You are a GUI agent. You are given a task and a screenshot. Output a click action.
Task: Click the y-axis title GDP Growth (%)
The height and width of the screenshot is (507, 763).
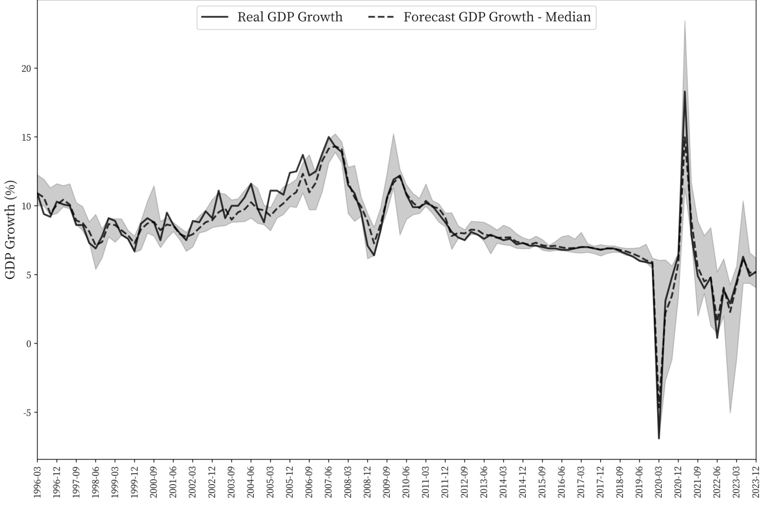point(10,230)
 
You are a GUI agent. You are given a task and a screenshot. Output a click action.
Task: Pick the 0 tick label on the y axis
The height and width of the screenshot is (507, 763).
point(28,344)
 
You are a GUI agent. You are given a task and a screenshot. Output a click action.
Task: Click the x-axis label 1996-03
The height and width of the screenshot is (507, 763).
point(38,481)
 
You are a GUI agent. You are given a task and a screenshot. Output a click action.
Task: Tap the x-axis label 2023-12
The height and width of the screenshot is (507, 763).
point(756,481)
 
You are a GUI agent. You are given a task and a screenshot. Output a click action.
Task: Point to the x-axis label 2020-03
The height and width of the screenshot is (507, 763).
point(659,481)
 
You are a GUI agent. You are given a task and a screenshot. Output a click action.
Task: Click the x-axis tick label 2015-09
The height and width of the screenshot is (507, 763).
point(542,481)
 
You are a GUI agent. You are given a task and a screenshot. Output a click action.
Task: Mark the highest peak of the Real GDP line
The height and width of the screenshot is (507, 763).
point(685,92)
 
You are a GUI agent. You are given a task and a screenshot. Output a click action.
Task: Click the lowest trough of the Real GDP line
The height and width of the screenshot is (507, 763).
point(659,439)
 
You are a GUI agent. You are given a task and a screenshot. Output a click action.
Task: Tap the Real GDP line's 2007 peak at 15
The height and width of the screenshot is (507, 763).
point(329,137)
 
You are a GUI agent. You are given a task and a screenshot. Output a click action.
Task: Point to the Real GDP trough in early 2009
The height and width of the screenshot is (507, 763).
point(374,255)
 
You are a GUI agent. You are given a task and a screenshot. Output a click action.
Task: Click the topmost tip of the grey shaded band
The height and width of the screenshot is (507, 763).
point(685,20)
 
